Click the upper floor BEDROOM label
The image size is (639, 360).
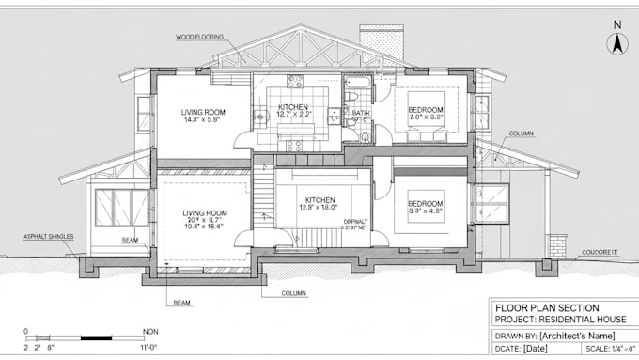(426, 110)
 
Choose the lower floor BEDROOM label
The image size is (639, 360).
(426, 203)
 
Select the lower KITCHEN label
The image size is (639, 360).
(319, 199)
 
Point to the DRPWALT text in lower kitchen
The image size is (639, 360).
(356, 221)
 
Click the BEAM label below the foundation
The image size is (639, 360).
(182, 302)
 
